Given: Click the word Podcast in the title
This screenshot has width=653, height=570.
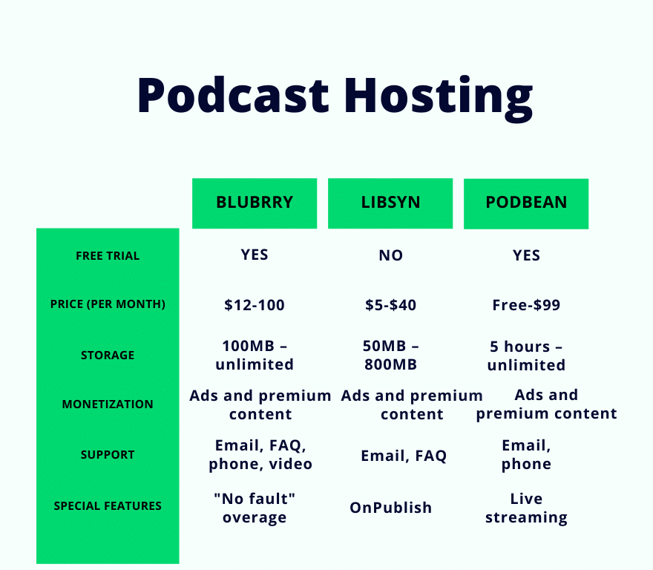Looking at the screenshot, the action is click(233, 95).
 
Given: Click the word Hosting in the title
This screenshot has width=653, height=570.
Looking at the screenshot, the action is click(439, 99).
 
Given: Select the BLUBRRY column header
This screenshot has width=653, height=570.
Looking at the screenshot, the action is click(255, 203).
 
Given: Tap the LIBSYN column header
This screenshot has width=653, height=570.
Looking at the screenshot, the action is click(390, 203).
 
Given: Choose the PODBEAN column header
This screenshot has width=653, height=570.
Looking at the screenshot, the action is click(526, 203).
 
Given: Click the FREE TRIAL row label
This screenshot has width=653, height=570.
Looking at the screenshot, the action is click(108, 255).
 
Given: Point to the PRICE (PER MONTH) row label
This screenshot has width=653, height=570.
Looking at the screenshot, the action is click(108, 304).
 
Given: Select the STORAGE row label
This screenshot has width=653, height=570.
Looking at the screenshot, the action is click(108, 355).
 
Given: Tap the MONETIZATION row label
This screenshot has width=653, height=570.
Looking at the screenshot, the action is click(108, 404).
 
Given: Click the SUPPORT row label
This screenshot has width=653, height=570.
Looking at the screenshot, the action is click(108, 454).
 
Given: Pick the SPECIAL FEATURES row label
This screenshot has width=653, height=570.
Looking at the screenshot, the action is click(108, 506).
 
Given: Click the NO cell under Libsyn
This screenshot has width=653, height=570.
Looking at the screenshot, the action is click(390, 255).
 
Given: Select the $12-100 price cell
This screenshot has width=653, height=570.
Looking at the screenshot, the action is click(255, 305).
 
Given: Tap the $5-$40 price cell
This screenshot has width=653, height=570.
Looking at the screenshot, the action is click(390, 305).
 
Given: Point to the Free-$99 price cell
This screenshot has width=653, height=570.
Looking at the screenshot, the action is click(526, 305).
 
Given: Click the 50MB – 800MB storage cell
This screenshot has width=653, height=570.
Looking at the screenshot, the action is click(390, 355).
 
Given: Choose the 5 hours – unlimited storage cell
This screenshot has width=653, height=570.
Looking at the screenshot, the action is click(526, 356).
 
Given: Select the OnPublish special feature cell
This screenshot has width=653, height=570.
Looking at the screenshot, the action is click(390, 508).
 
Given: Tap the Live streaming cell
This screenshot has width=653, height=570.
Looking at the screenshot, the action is click(526, 508).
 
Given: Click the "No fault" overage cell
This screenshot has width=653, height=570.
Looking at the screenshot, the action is click(255, 508).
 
